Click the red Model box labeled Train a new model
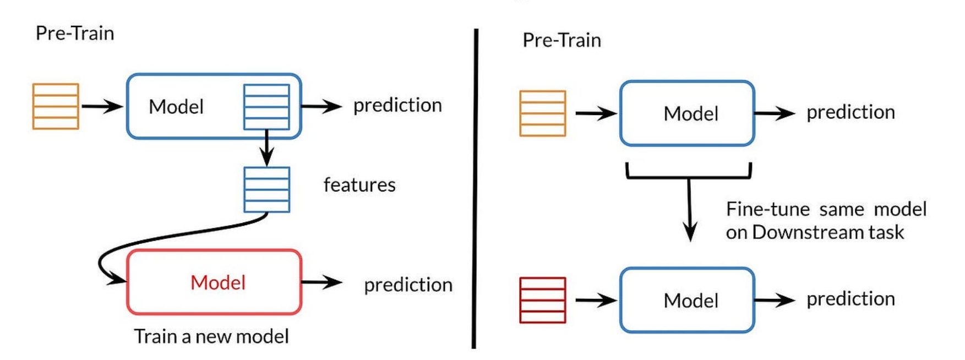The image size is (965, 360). [x=214, y=282]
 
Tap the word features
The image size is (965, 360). [x=359, y=185]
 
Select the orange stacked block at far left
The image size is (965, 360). [x=56, y=106]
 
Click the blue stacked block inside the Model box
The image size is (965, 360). [x=266, y=107]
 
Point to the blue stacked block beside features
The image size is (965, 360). [x=266, y=190]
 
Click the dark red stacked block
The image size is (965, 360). [x=543, y=300]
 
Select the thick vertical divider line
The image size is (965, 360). [x=475, y=187]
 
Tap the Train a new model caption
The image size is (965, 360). [x=211, y=336]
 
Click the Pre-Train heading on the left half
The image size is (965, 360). [x=75, y=34]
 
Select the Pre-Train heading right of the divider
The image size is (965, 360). [x=561, y=40]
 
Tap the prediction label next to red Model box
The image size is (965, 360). [x=408, y=285]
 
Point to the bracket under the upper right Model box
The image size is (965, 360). [x=689, y=175]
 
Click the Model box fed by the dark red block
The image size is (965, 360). [x=687, y=300]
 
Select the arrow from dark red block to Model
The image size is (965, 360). [x=596, y=300]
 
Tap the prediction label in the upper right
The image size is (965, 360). [x=850, y=112]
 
